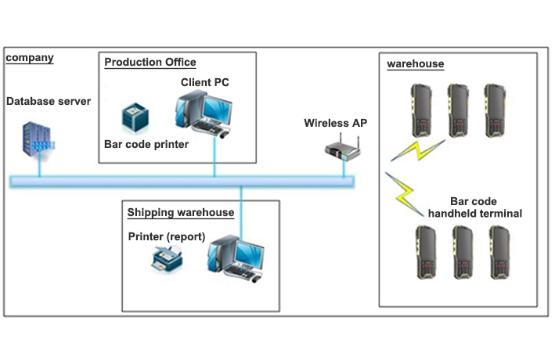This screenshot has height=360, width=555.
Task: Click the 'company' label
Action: (x=30, y=59)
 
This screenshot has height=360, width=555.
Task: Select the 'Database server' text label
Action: (x=49, y=102)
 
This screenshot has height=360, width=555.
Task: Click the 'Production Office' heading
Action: (x=150, y=63)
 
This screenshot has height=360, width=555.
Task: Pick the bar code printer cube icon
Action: (x=136, y=119)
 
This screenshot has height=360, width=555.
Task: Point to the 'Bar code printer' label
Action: (x=146, y=144)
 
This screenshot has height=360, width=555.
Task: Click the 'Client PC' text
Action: (x=205, y=82)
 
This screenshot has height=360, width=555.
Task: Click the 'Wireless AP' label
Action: (x=335, y=123)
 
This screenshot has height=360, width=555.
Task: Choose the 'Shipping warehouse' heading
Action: (x=180, y=212)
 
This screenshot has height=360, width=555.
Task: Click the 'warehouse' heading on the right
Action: (x=415, y=64)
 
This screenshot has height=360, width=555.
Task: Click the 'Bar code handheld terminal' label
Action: (x=474, y=207)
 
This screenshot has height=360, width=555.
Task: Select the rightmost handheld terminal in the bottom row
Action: (x=499, y=251)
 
